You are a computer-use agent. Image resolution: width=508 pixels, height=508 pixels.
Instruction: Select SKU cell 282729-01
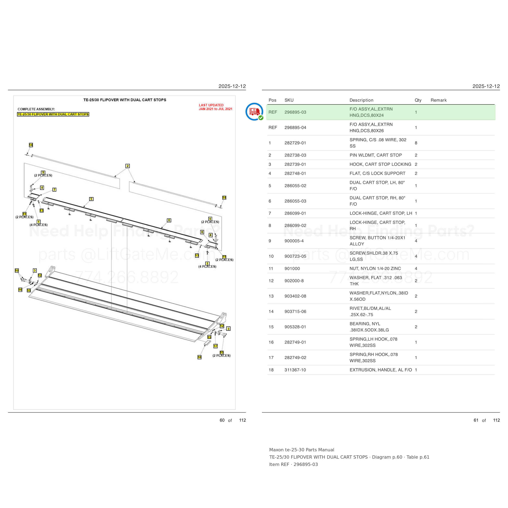(295, 143)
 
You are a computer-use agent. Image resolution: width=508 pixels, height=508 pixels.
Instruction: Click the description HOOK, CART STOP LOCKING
(380, 164)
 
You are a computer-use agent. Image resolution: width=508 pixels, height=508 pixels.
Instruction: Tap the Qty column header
(418, 100)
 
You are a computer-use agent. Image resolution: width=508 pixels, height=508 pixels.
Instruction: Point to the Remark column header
(439, 100)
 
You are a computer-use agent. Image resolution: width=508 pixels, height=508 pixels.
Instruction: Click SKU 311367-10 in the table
(295, 370)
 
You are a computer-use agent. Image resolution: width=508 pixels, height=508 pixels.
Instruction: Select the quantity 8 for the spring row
(416, 143)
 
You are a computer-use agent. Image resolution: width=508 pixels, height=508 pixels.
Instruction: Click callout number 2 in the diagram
(128, 166)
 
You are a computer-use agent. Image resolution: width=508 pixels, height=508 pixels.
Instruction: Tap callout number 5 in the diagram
(91, 199)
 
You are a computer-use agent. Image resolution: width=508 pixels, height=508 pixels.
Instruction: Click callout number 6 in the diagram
(169, 220)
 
